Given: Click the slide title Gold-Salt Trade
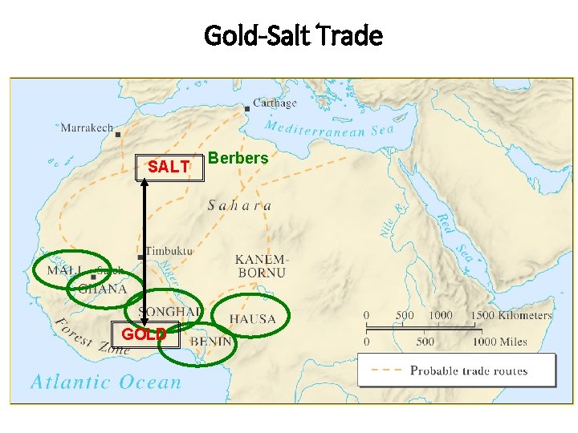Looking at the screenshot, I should tap(293, 35).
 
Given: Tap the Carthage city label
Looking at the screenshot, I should tap(275, 103).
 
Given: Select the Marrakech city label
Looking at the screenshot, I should tap(87, 127).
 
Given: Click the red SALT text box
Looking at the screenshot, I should tap(169, 167).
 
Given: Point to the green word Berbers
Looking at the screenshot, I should tap(238, 158).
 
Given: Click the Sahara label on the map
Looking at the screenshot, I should tap(239, 205).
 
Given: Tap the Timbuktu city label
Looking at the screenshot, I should tap(169, 251).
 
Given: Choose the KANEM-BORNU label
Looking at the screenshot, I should tap(261, 266).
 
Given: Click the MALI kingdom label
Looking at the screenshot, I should tap(63, 271).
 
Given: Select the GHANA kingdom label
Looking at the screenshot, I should tap(103, 289).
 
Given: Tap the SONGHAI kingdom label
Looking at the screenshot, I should tap(170, 311).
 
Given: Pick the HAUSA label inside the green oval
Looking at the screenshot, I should tap(252, 319).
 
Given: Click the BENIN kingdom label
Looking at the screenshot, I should tap(211, 341).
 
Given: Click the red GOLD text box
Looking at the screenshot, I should tap(144, 334).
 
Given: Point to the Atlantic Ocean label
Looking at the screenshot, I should tap(106, 382).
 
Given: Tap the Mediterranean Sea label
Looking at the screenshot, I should tap(329, 129).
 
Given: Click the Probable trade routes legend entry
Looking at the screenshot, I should tap(469, 370).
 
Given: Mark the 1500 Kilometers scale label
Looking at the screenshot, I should tap(511, 315).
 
